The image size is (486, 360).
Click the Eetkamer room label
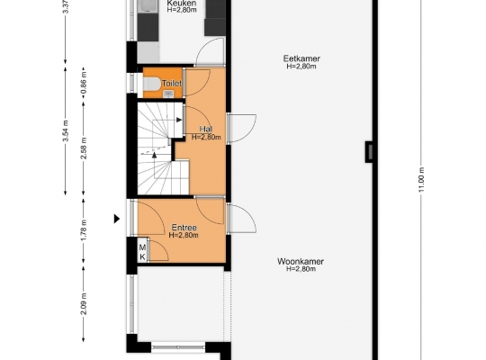[301, 58]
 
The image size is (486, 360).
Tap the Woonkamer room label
[301, 261]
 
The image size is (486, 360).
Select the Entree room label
[184, 228]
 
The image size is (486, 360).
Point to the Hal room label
[206, 129]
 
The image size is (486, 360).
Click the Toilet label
[172, 83]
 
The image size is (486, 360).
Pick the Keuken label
[182, 3]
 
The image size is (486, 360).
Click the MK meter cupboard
[142, 252]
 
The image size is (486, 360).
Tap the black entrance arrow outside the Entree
[117, 219]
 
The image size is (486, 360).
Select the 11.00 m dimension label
[421, 179]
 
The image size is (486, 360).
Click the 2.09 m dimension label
[84, 303]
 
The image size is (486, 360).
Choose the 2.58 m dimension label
[84, 148]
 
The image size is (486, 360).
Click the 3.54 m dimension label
[66, 130]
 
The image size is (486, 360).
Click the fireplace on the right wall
[369, 151]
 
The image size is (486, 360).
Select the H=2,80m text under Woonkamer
[301, 269]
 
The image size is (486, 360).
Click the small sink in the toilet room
[168, 94]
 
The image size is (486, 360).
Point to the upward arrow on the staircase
[155, 155]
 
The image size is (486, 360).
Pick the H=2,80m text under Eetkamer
[301, 67]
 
